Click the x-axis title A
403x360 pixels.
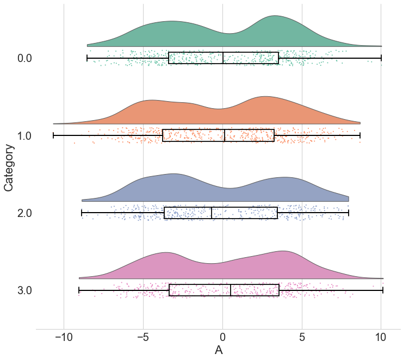[219, 350]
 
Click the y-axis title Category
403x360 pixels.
[9, 167]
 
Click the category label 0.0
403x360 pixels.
[25, 58]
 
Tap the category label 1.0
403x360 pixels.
[25, 135]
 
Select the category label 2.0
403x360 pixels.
[25, 213]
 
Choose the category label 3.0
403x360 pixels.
[25, 291]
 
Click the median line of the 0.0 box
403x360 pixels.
[223, 58]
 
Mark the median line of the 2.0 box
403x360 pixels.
[212, 213]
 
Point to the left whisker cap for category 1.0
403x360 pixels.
[53, 135]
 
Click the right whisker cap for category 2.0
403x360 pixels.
[348, 213]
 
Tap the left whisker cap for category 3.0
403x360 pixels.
[79, 291]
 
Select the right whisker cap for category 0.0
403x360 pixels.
[381, 58]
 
